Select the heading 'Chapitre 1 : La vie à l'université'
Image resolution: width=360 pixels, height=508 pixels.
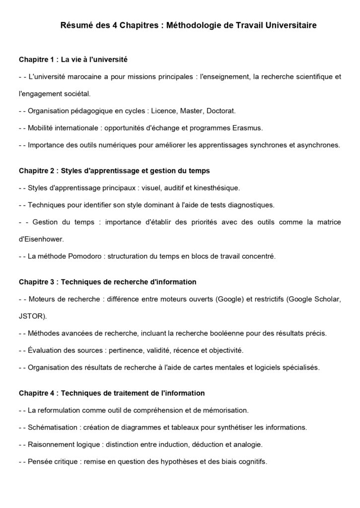(x=73, y=60)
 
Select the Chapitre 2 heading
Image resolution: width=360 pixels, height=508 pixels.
(x=114, y=171)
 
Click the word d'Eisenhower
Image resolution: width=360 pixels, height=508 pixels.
(x=41, y=239)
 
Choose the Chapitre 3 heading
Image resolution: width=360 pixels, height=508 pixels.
(x=108, y=282)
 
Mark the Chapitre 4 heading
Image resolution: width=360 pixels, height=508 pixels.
(x=112, y=393)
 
